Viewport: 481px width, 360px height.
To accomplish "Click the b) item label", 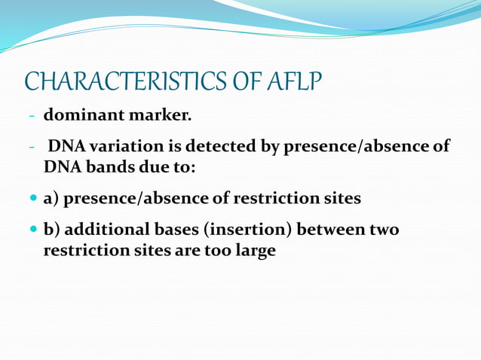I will [52, 229].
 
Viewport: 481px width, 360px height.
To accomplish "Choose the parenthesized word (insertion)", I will [233, 229].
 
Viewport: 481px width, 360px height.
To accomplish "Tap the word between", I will [325, 229].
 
